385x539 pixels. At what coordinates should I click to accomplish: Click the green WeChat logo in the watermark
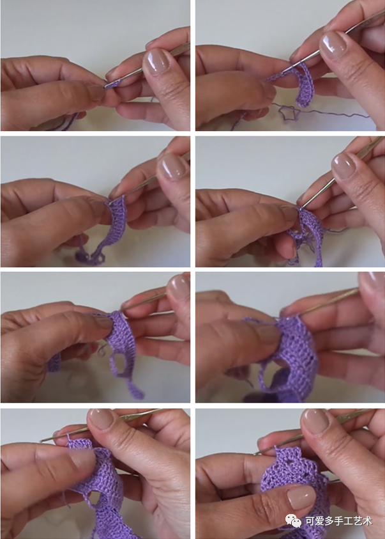coord(292,520)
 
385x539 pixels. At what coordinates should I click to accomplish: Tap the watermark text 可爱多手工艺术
coord(338,521)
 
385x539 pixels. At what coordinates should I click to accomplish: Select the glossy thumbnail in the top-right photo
coord(333,45)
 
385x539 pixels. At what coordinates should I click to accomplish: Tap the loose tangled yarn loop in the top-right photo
coord(287,113)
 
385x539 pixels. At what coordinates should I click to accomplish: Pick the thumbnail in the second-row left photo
coord(172,166)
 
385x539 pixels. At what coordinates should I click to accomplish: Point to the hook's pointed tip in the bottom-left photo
coord(40,441)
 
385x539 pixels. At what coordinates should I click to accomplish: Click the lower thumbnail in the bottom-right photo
coord(301,497)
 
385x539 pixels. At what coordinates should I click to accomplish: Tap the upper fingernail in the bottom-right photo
coord(315,421)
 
